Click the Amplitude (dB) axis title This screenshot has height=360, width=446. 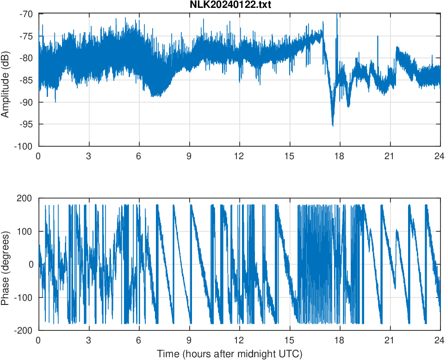(x=6, y=80)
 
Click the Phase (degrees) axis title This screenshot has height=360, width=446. (x=6, y=264)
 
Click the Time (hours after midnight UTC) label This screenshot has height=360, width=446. (x=229, y=354)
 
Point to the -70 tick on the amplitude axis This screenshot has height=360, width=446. (x=26, y=14)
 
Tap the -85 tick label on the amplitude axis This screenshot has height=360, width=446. (x=26, y=80)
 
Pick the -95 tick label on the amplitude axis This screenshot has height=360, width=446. (x=26, y=124)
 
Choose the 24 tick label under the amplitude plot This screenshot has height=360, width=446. (x=440, y=156)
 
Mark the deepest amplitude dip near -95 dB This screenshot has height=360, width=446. (x=333, y=125)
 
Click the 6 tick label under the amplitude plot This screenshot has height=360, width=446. (x=139, y=156)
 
